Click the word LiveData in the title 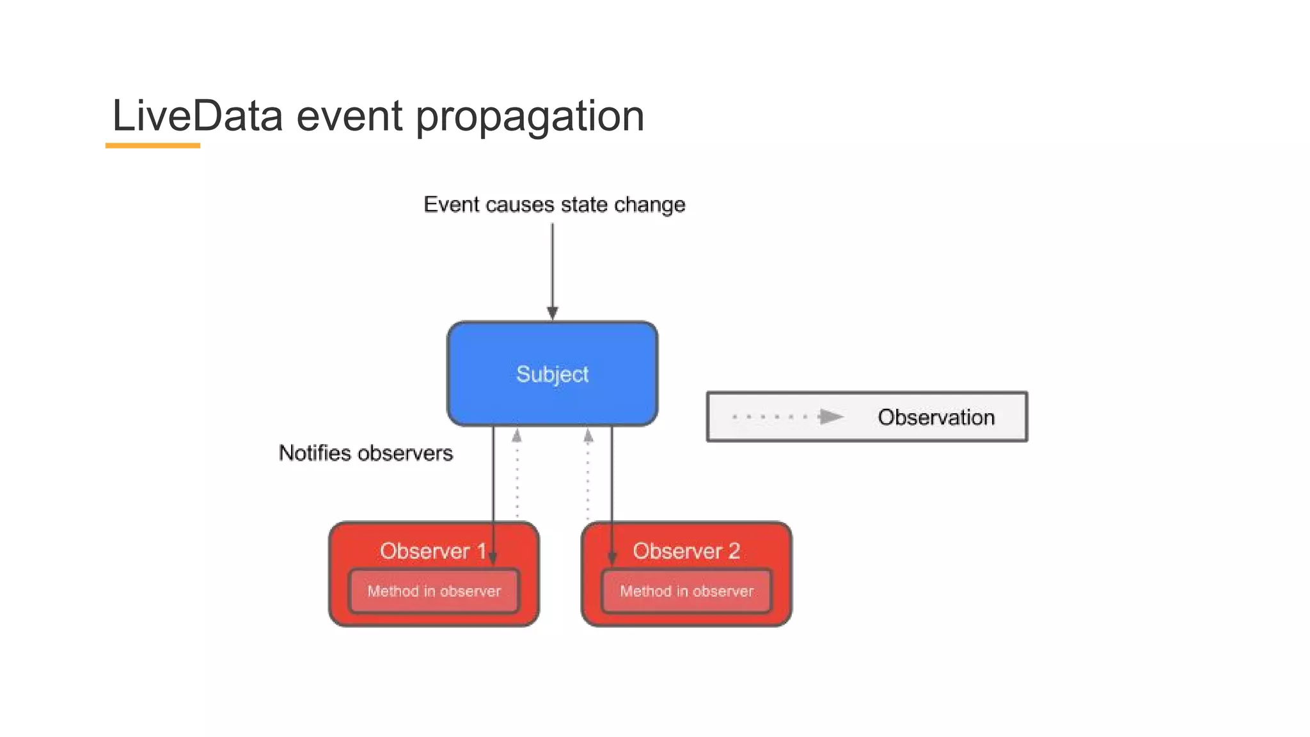pos(197,116)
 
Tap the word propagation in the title pos(530,118)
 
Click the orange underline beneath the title pos(152,146)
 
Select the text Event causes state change pos(554,205)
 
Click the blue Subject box pos(552,374)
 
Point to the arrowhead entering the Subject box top pos(553,313)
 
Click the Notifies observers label pos(365,453)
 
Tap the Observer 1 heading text pos(432,551)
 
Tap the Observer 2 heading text pos(686,551)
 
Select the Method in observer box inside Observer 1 pos(434,591)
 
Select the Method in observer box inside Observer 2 pos(686,591)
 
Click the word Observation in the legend pos(936,417)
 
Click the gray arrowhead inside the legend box pos(831,417)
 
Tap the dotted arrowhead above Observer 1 pos(517,436)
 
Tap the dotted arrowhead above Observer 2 pos(588,436)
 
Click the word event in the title pos(349,116)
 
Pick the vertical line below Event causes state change pos(553,262)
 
